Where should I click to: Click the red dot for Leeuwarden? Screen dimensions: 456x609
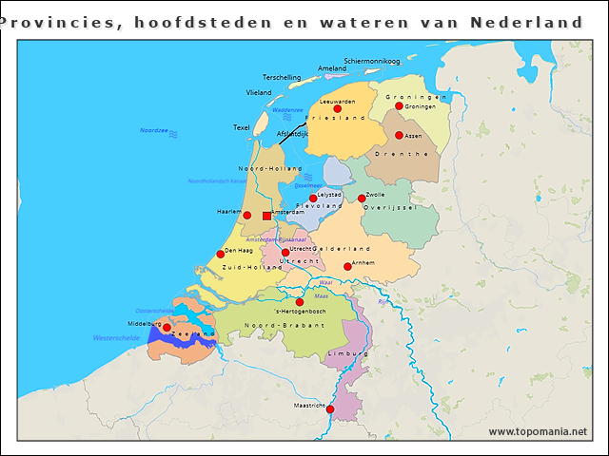pos(337,109)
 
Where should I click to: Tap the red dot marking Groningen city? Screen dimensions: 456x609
pos(400,106)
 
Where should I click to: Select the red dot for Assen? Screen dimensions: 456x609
pos(399,136)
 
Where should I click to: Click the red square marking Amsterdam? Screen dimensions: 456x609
pos(266,216)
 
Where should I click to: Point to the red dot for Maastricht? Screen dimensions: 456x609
pos(330,410)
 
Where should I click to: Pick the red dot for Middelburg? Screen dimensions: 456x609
pos(167,328)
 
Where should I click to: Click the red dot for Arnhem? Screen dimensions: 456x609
pos(347,267)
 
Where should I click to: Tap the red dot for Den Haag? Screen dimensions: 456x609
pos(221,254)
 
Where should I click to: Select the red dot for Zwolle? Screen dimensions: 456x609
pos(362,199)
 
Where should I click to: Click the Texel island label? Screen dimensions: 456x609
pos(241,127)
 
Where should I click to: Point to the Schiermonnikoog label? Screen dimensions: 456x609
pos(372,60)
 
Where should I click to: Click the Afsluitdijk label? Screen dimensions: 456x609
pos(292,134)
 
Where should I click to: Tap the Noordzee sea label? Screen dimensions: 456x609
pos(154,130)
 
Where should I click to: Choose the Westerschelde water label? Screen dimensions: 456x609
pos(116,338)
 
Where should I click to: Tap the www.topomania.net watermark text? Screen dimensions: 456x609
pos(538,431)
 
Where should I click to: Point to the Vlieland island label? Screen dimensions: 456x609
pos(259,92)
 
